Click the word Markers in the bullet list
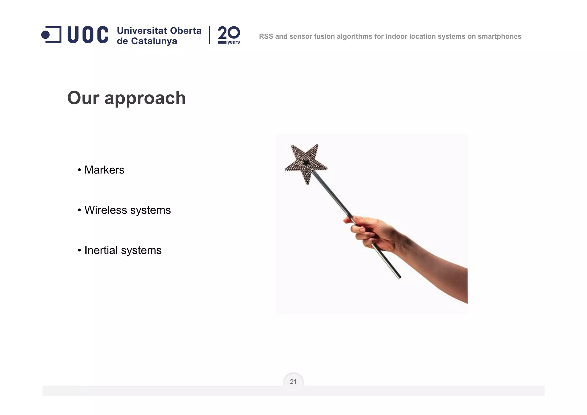point(104,170)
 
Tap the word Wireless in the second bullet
point(105,210)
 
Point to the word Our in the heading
point(83,98)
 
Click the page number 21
point(293,382)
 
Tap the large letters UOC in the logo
point(88,35)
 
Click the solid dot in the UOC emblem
point(45,35)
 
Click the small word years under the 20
point(233,42)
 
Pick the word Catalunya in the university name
point(154,41)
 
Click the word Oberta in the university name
point(186,31)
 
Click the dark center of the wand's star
point(306,162)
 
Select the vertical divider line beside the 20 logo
point(210,35)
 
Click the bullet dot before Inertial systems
point(79,250)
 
